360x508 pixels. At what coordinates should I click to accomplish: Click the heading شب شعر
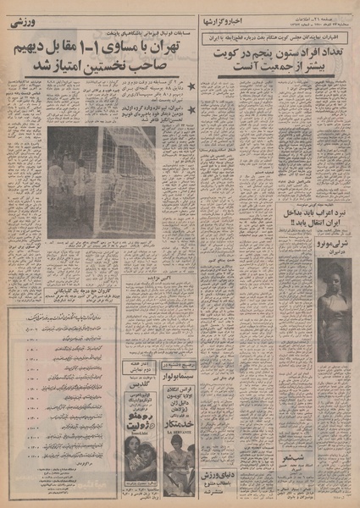coord(290,455)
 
